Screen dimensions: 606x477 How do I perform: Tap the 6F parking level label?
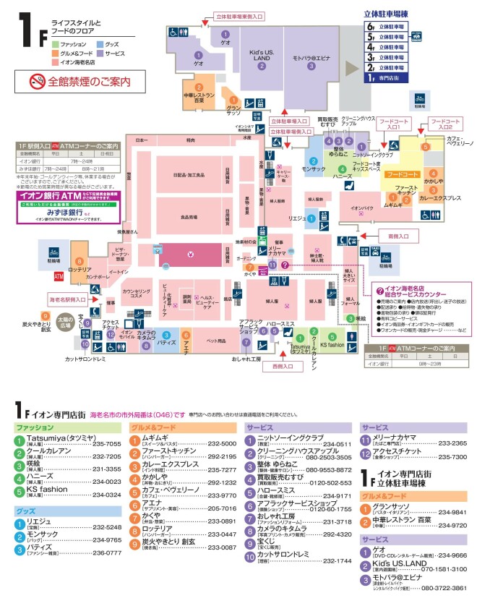pos(390,26)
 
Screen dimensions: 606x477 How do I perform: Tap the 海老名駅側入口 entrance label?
pos(67,299)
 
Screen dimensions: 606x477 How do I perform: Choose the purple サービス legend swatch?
pos(99,54)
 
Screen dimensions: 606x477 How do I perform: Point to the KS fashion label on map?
pos(332,345)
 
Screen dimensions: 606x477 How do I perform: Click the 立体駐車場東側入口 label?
pos(238,14)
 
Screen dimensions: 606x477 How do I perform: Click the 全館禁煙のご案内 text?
pos(90,81)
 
